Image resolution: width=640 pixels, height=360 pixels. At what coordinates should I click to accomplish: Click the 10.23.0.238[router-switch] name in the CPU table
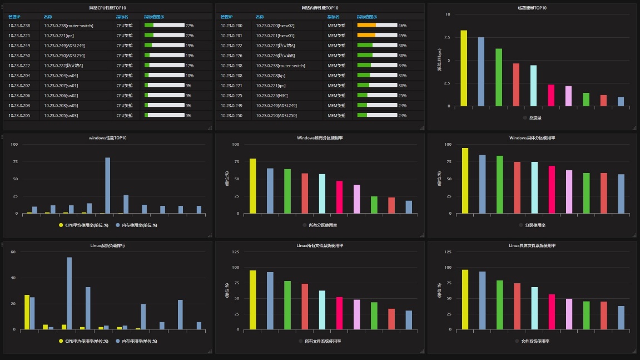click(68, 26)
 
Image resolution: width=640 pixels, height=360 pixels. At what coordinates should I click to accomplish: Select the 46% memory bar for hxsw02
click(377, 26)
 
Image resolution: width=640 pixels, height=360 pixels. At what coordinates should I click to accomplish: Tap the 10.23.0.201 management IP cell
click(231, 36)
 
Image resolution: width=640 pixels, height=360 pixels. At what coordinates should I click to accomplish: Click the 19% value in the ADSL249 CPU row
click(190, 46)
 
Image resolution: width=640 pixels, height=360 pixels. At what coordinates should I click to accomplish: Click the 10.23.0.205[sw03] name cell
click(61, 116)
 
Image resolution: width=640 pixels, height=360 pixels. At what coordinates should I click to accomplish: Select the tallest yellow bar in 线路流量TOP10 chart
click(464, 68)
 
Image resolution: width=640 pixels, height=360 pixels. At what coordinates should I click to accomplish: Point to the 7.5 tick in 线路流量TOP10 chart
click(446, 37)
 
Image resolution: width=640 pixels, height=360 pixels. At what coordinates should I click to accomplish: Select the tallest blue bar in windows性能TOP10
click(108, 185)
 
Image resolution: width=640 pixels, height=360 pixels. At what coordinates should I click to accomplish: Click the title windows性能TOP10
click(108, 137)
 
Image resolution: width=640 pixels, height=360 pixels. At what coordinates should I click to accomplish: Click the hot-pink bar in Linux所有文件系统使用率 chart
click(340, 313)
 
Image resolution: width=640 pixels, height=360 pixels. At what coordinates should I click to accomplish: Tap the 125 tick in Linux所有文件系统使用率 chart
click(235, 252)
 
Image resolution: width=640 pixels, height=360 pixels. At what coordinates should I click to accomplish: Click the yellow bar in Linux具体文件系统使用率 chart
click(465, 299)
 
